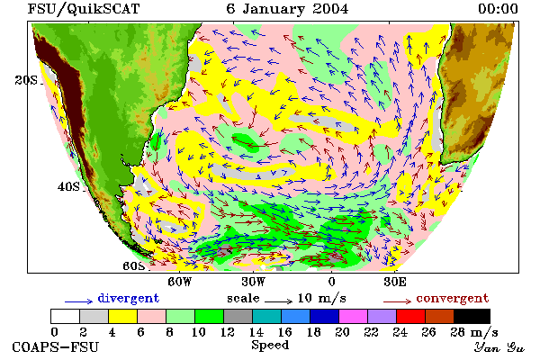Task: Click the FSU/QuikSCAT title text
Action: point(84,9)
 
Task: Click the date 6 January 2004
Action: point(287,9)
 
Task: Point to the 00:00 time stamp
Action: point(498,9)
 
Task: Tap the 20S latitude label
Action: point(26,80)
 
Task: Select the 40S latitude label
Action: point(68,186)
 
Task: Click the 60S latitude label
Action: point(134,266)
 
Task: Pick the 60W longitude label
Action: point(179,282)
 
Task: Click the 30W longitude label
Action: point(254,282)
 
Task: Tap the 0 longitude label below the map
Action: point(331,282)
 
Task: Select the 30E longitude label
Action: point(395,282)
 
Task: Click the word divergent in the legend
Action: point(129,298)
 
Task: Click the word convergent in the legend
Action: point(453,298)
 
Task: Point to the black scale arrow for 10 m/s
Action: point(279,302)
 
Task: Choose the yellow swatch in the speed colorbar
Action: point(122,316)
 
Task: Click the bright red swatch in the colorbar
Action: point(410,316)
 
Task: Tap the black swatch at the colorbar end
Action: point(472,316)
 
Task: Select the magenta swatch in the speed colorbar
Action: point(353,316)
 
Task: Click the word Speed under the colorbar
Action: point(270,345)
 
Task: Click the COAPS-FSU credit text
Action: point(56,346)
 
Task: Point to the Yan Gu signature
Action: point(499,347)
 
